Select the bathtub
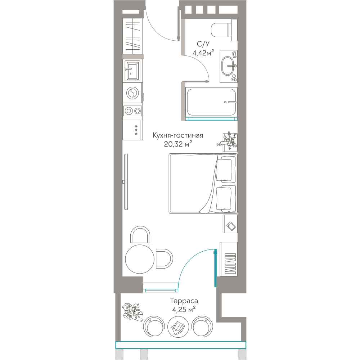(x=211, y=102)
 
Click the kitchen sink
(x=132, y=71)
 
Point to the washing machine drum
(x=132, y=93)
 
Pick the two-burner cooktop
(x=133, y=111)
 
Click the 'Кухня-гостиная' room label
(x=178, y=135)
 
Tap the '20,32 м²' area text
(x=178, y=144)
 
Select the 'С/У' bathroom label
(x=203, y=44)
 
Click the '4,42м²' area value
(x=203, y=53)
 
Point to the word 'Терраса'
(x=184, y=301)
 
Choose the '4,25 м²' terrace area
(x=184, y=310)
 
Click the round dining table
(x=140, y=259)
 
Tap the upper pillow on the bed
(x=224, y=170)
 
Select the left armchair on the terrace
(x=154, y=327)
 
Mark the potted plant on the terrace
(x=132, y=312)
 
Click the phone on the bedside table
(x=231, y=226)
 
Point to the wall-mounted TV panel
(x=126, y=181)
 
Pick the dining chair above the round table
(x=140, y=234)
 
